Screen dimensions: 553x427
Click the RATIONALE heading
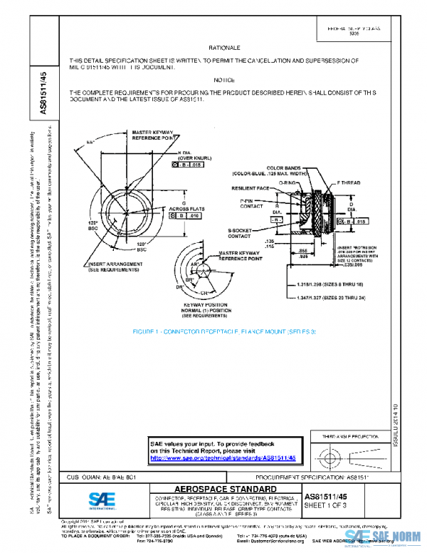pyautogui.click(x=220, y=46)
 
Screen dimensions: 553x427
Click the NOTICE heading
pyautogui.click(x=224, y=81)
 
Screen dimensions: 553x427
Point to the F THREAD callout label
pyautogui.click(x=349, y=183)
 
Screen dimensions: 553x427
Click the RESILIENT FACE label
pyautogui.click(x=250, y=189)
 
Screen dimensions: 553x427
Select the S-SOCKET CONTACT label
pyautogui.click(x=244, y=234)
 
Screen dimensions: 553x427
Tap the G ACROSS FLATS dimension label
pyautogui.click(x=174, y=206)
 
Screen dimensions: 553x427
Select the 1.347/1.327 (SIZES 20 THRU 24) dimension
pyautogui.click(x=330, y=304)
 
